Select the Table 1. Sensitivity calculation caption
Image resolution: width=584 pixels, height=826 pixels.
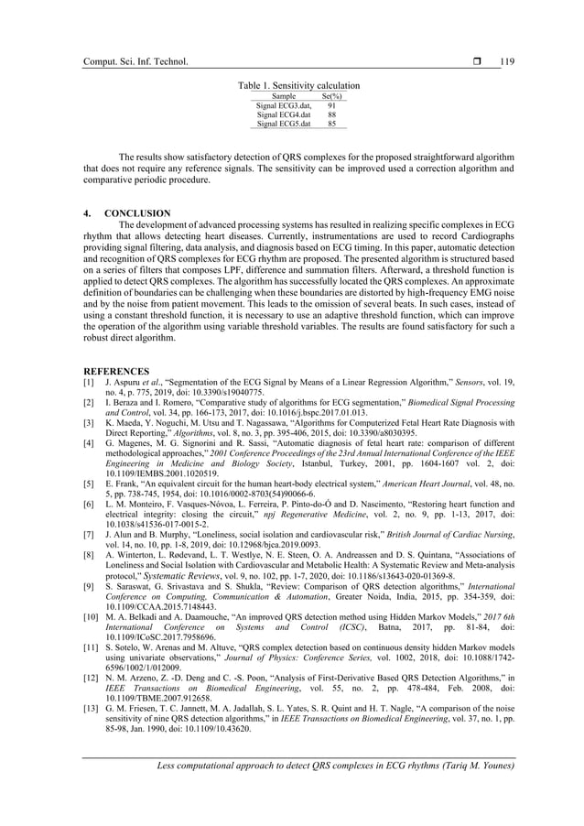pos(298,85)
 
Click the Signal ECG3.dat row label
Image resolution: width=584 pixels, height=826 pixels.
pos(284,105)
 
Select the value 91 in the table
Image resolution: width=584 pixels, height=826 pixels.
pos(331,105)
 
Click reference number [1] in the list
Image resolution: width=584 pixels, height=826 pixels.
pos(89,381)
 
